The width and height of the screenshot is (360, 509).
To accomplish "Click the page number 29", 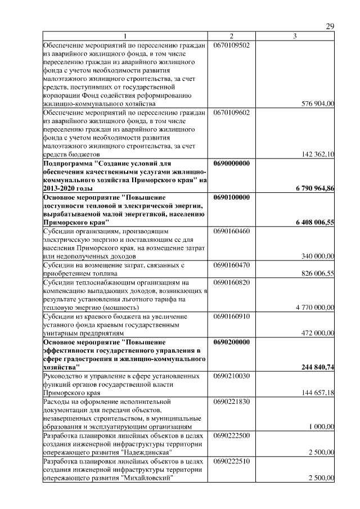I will pos(331,27).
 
